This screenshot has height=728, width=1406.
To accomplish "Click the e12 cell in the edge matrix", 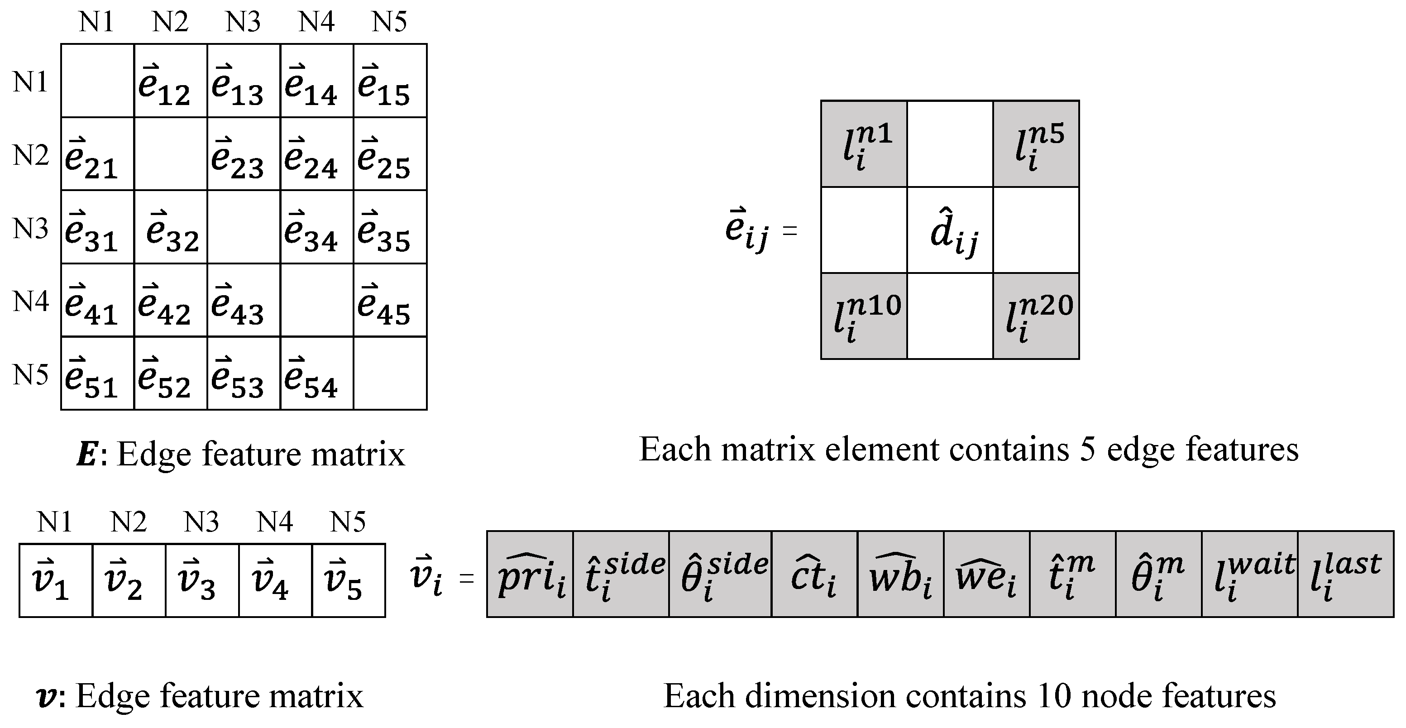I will coord(170,81).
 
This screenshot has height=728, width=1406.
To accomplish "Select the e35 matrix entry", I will coord(390,227).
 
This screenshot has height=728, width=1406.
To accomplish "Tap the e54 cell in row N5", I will coord(316,373).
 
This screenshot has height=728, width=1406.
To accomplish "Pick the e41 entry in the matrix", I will coord(97,300).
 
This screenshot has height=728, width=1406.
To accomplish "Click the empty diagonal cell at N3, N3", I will coord(244,227).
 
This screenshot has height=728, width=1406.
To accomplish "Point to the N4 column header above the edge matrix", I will coord(316,22).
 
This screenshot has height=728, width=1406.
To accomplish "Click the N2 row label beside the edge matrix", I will coord(31,155).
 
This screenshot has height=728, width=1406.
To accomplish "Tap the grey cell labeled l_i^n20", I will coord(1036,316).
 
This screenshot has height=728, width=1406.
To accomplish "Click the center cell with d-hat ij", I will coord(950,230).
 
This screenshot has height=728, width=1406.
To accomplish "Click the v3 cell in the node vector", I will coord(202,580).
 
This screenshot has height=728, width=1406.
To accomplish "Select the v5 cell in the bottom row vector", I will coord(348,580).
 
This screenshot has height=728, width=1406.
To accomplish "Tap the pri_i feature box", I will coord(530,574).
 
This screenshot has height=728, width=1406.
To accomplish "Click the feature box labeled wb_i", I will coord(900,574).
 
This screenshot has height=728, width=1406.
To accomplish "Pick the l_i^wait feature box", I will coord(1249,574).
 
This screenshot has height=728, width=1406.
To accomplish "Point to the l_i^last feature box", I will coord(1345,574).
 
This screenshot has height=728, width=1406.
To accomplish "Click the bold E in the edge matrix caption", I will coord(87,454).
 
